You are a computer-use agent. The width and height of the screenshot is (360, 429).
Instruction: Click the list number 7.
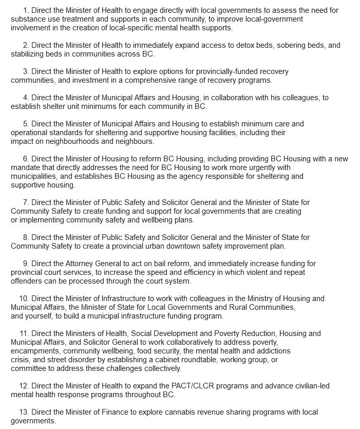[25, 202]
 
